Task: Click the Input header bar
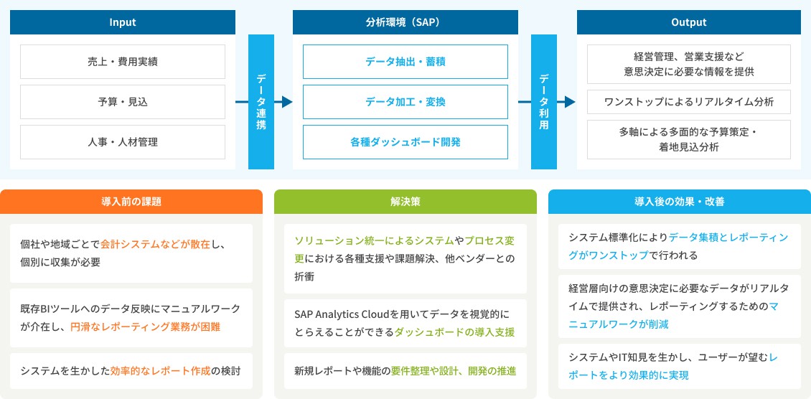click(x=123, y=22)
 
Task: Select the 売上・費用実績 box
click(x=123, y=62)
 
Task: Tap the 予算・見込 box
click(x=123, y=102)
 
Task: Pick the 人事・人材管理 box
click(x=123, y=142)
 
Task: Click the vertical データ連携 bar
click(x=261, y=102)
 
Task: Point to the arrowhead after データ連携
click(x=287, y=102)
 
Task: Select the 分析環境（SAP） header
click(x=405, y=22)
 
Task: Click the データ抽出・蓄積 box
click(x=405, y=62)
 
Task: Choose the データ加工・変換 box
click(x=405, y=102)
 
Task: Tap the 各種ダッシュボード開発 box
click(x=405, y=142)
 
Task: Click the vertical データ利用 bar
click(x=544, y=102)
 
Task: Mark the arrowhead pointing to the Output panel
click(x=570, y=102)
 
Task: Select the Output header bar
click(x=689, y=22)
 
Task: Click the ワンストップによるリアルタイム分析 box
click(x=689, y=102)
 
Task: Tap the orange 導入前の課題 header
click(x=131, y=202)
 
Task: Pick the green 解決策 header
click(x=405, y=202)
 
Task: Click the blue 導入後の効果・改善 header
click(x=680, y=202)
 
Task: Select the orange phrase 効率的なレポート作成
click(x=161, y=370)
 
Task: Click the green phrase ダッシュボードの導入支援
click(x=454, y=332)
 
